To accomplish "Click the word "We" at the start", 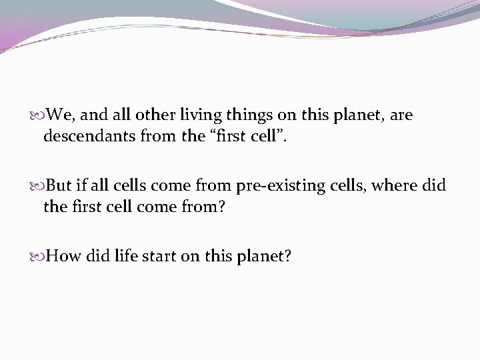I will (x=61, y=115).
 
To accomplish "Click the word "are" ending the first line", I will (x=401, y=115).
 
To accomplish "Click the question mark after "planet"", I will (x=287, y=255).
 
